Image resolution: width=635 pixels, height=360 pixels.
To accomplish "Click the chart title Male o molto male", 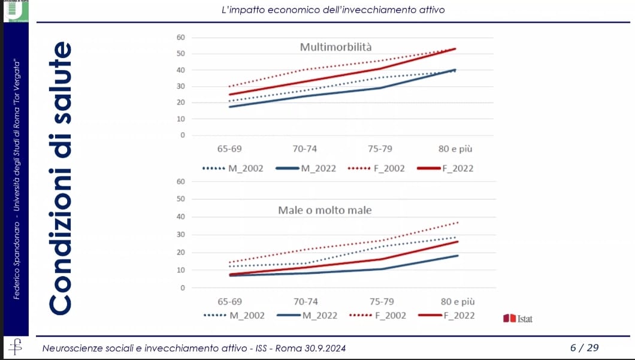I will click(325, 210).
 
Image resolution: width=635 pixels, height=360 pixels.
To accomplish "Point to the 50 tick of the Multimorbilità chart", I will click(180, 54).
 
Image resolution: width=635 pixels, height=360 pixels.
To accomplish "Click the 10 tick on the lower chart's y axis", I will click(180, 270).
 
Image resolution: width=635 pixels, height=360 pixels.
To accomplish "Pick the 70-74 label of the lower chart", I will click(305, 301).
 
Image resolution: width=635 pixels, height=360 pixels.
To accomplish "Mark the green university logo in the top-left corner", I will click(14, 11).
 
